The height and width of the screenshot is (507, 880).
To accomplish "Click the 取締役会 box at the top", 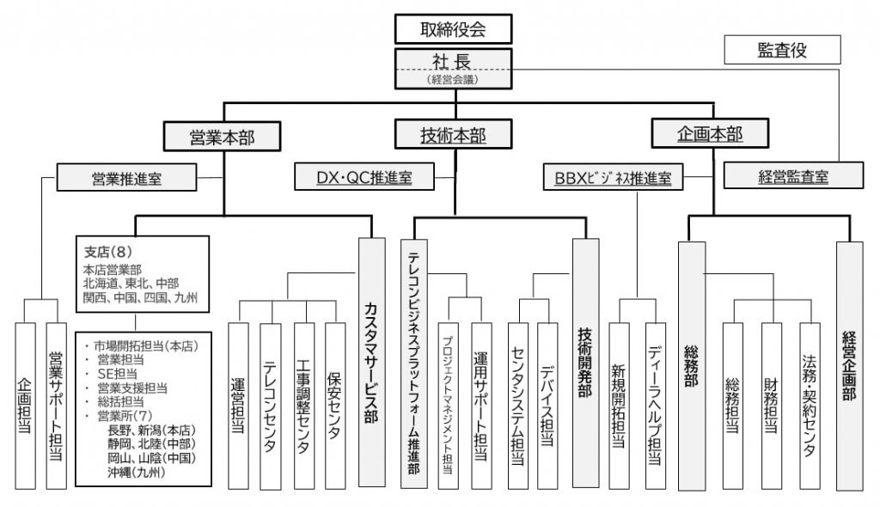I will tap(454, 29).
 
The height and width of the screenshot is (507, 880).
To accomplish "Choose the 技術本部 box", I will tap(453, 134).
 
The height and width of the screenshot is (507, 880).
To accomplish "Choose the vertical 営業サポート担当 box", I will tap(55, 405).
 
